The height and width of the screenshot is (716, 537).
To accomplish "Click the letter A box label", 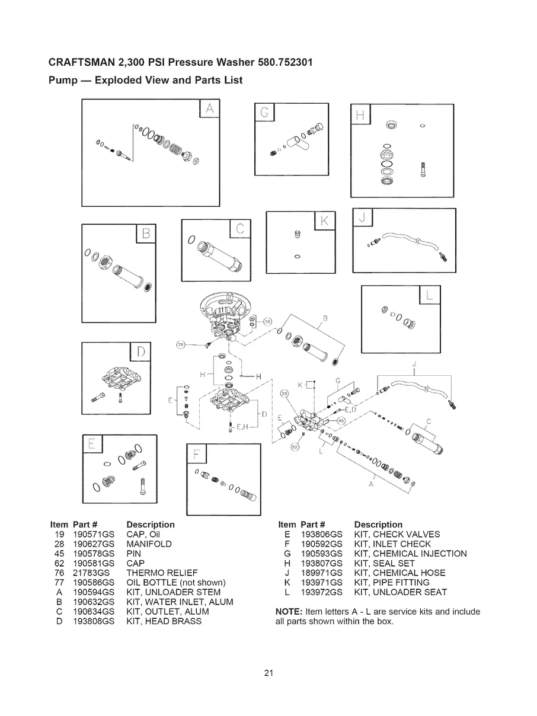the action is pos(209,108).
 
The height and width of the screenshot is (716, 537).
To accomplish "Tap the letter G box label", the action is pos(264,112).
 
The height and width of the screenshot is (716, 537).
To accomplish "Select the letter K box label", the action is pos(325,220).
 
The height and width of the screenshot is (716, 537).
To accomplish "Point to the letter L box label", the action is pos(429,295).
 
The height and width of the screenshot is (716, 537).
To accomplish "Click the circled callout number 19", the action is pos(267,322).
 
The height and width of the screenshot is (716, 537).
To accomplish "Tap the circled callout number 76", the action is pos(180,345).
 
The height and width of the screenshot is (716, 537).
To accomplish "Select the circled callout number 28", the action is pos(285,394).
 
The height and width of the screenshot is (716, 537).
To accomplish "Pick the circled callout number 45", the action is pos(341,421).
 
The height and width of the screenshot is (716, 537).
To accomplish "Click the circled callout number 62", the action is pos(295,447).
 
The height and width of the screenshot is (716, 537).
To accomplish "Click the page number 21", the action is pos(268,673).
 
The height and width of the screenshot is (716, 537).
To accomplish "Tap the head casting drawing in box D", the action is pos(121,378).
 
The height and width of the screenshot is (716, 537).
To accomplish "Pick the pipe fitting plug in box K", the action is pos(297,234).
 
